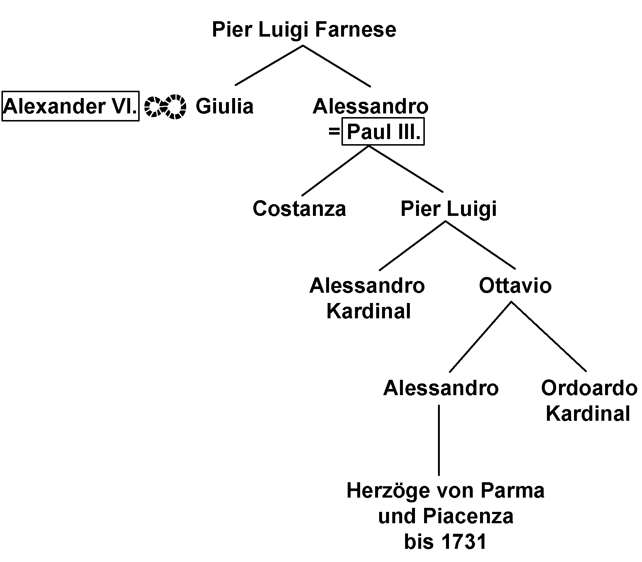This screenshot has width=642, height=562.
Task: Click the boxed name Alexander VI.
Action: tap(70, 106)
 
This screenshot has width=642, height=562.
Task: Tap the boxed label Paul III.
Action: tap(383, 132)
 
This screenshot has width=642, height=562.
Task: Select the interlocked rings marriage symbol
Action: tap(166, 107)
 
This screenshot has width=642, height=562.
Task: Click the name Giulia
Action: tap(224, 106)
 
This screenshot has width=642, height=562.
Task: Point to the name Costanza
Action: tap(299, 209)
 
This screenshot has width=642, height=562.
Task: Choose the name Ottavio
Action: tap(515, 285)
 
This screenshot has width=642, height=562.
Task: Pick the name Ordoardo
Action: tap(589, 388)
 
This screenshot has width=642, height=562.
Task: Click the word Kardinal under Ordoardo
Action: tap(588, 413)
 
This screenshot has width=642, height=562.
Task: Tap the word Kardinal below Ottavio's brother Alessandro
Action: tap(369, 311)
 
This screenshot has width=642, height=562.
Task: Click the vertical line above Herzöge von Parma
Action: tap(439, 439)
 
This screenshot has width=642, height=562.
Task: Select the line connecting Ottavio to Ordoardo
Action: tap(548, 337)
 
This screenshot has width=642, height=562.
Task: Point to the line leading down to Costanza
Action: tap(335, 171)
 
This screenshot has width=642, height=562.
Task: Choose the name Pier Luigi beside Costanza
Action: tap(449, 209)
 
